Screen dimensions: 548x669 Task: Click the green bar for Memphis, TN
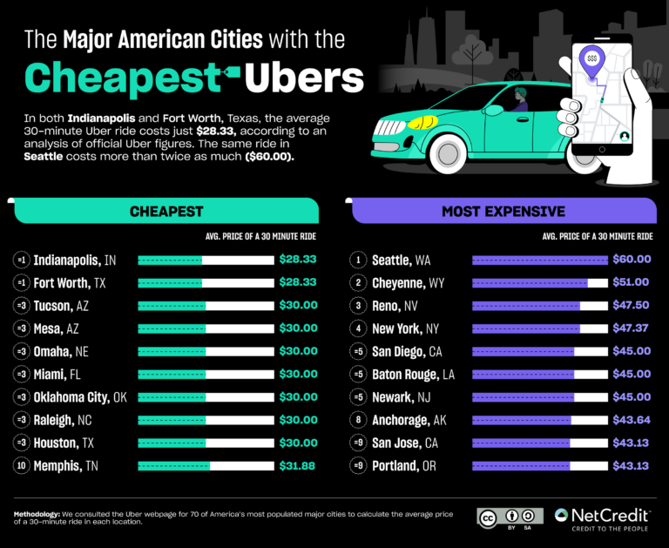[174, 465]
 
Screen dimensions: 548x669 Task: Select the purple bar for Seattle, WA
[539, 260]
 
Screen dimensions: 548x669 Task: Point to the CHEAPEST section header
[166, 211]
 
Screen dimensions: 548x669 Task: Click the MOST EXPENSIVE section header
[503, 211]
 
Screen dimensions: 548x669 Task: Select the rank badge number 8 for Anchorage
[358, 420]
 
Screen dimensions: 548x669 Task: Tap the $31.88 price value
[298, 465]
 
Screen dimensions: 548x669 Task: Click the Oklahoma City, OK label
[80, 396]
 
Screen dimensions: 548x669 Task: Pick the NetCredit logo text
[613, 515]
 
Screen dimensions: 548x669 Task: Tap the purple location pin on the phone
[592, 59]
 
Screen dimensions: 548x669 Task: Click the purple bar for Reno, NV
[526, 306]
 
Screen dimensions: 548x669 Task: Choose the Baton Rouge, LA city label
[413, 374]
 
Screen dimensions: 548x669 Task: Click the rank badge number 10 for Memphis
[22, 465]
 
